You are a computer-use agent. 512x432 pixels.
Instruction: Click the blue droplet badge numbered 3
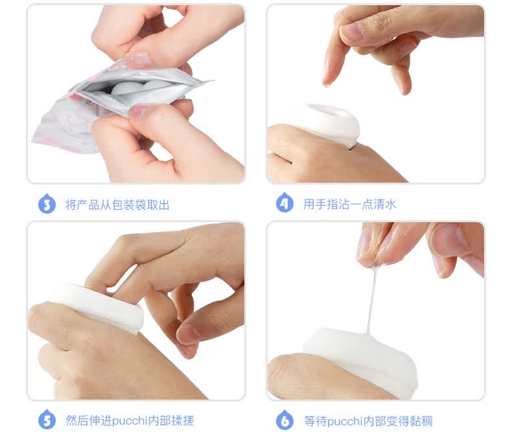coord(47,203)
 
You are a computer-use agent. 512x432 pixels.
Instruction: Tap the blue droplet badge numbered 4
coord(285,203)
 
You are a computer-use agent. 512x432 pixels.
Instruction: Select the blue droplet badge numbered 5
coord(47,420)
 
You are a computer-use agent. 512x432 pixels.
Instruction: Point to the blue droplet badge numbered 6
coord(285,420)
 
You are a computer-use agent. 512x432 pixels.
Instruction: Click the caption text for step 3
coord(117,205)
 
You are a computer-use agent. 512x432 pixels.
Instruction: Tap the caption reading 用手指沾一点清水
coord(350,204)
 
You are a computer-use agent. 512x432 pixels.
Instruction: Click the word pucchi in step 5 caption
coord(130,421)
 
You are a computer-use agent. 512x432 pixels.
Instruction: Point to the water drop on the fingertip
coord(327,85)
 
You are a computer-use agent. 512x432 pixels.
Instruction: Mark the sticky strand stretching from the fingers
coord(372,300)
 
